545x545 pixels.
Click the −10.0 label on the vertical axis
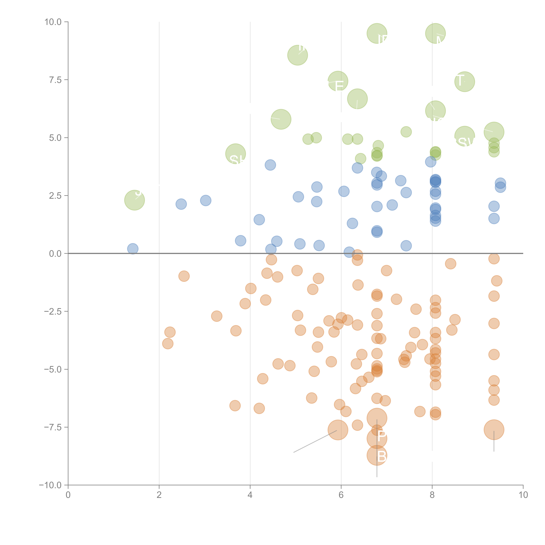pos(50,485)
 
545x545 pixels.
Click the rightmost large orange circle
pos(494,430)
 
